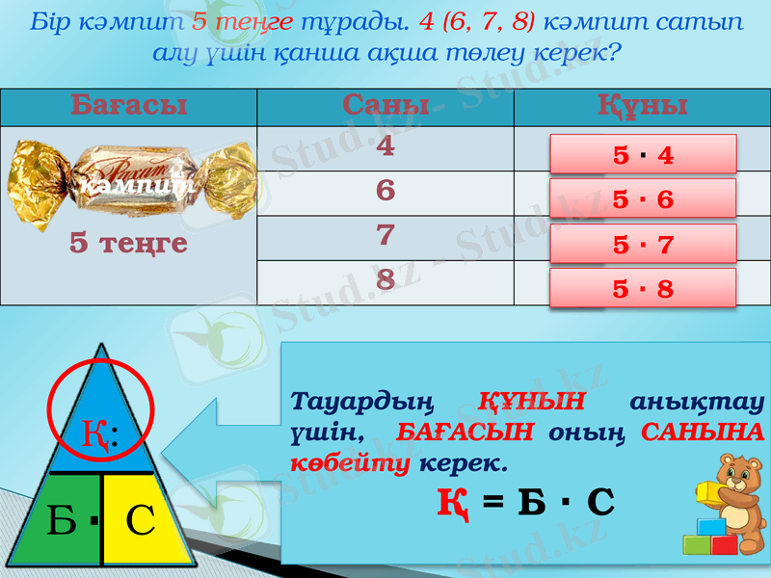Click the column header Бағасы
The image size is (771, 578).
point(128,106)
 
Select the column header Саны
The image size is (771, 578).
point(385,106)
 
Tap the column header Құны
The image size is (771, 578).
point(642,106)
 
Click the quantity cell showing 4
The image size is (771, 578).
point(385,146)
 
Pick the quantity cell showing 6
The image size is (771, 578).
point(385,191)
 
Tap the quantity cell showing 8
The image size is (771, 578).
point(385,280)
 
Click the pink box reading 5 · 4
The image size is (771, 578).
point(643,154)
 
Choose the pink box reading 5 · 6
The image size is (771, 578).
point(643,198)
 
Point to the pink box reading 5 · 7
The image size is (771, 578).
point(643,244)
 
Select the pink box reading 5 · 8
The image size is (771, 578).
point(643,288)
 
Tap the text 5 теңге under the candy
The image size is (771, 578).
point(128,244)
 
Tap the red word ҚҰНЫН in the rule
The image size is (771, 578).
point(531,400)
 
